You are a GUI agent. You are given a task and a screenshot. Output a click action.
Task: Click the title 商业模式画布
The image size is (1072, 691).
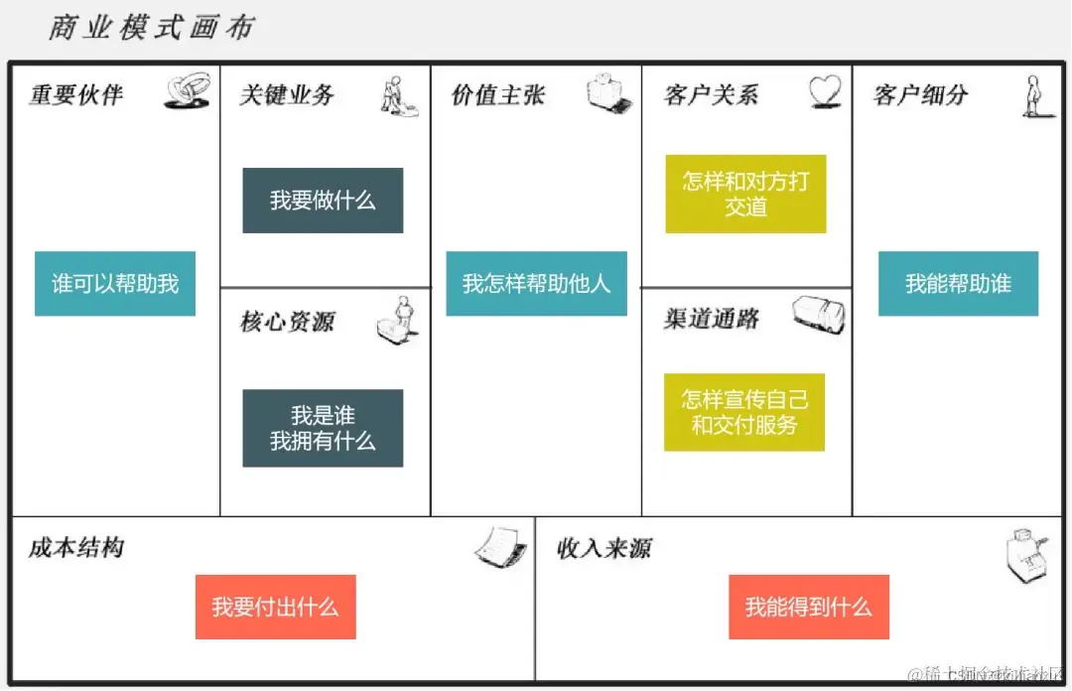point(151,27)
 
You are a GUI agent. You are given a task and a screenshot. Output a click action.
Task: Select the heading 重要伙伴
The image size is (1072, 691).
point(76,95)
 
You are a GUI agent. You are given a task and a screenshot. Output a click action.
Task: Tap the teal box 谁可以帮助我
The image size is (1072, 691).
point(115,284)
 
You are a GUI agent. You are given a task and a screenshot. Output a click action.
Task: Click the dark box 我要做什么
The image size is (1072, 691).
point(323,201)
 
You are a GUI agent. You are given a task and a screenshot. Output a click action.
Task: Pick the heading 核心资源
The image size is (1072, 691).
point(287,322)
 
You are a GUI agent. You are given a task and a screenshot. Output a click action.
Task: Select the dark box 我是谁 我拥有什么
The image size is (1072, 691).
point(323,428)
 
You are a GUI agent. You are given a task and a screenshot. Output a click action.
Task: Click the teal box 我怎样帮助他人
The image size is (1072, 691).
point(536,284)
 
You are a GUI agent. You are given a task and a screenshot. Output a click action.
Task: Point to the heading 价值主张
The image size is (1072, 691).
point(498,95)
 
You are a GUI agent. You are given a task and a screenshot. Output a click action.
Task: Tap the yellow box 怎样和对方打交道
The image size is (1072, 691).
point(745,194)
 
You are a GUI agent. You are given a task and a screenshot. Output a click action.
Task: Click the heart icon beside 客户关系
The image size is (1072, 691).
point(824,92)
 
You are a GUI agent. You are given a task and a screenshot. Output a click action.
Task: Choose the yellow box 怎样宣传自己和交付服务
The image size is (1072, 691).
point(744,412)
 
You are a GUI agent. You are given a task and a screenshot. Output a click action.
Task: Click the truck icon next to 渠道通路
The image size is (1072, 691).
point(819,314)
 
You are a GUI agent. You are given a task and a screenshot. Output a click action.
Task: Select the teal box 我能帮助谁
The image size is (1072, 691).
point(958,284)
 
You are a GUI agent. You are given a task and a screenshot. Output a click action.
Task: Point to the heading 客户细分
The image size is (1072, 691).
point(920,95)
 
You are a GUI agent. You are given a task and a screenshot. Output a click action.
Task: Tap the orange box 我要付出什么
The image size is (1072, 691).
point(275,607)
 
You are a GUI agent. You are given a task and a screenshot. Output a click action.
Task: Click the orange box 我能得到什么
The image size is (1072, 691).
point(808,607)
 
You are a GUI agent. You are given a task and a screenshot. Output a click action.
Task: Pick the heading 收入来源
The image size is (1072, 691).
point(603,548)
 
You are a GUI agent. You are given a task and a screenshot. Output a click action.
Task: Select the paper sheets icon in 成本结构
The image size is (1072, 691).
point(501,547)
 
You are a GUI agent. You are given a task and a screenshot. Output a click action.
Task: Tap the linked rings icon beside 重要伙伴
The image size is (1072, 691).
point(187,92)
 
